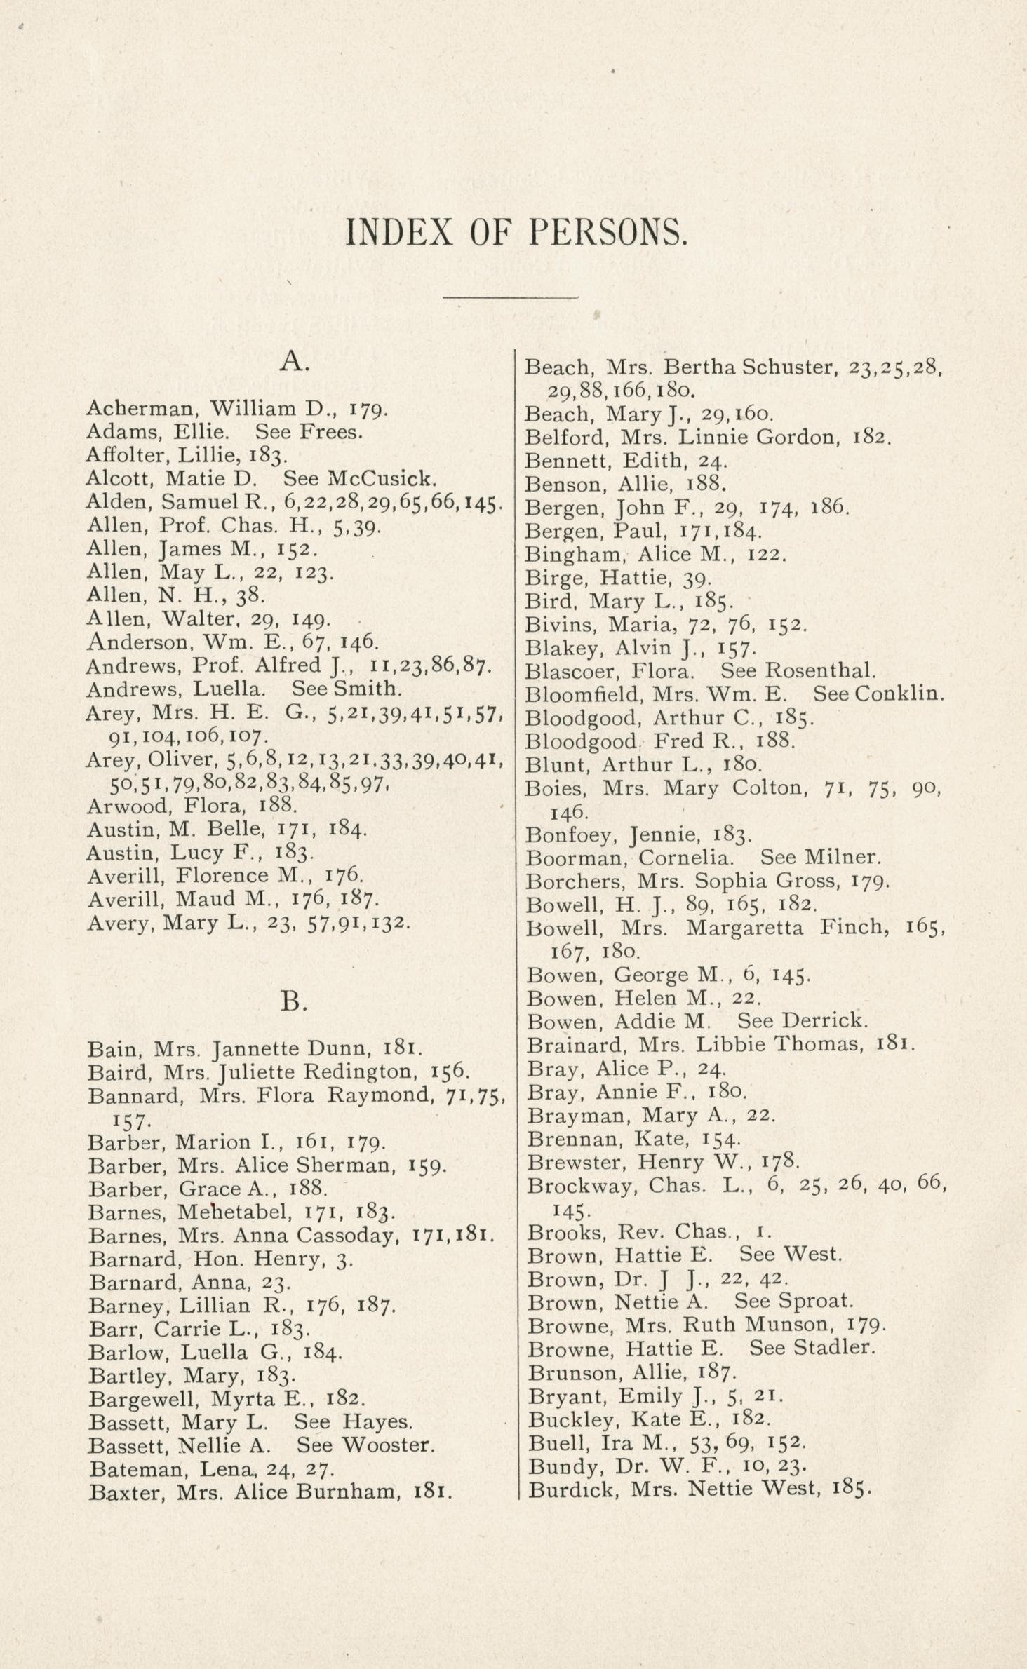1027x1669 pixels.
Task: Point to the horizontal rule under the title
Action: point(511,298)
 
